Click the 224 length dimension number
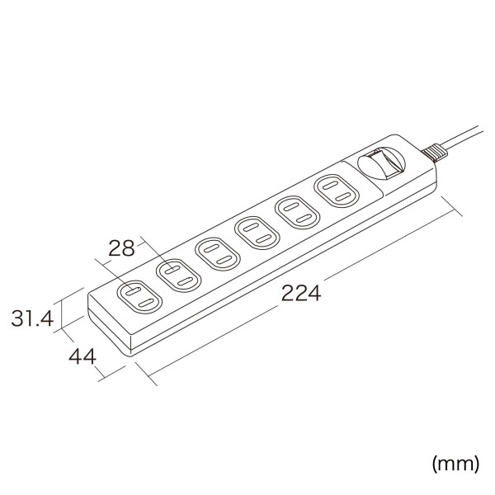point(300,293)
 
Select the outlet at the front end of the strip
point(136,297)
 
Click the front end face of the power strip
point(107,328)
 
